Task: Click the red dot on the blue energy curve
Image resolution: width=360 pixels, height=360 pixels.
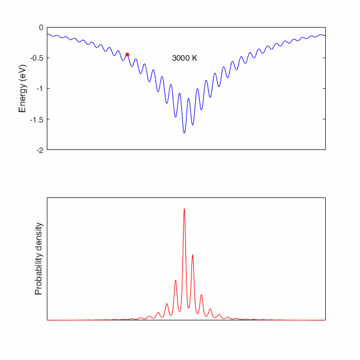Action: [x=127, y=55]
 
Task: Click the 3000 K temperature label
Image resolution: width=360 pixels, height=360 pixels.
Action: [x=185, y=58]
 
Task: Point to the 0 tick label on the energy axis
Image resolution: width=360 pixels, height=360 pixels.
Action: [x=41, y=28]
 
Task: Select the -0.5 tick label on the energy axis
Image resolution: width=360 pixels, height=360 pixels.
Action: [x=37, y=58]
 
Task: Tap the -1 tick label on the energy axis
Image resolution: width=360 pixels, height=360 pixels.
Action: [x=40, y=89]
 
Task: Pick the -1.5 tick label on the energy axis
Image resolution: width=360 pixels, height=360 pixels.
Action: [x=37, y=119]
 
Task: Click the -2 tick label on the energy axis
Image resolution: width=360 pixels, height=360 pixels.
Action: [x=40, y=150]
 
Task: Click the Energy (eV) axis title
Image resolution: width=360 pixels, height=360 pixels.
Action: [x=23, y=89]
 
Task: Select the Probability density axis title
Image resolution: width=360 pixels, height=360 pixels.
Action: [x=38, y=259]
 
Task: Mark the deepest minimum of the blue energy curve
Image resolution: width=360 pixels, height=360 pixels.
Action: [x=184, y=133]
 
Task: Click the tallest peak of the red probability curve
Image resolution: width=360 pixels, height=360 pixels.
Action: [x=184, y=209]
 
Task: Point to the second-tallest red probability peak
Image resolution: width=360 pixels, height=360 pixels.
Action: [x=193, y=255]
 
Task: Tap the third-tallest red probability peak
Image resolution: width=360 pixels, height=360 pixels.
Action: [x=176, y=281]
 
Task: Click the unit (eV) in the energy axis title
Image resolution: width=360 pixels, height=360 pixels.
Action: [x=23, y=73]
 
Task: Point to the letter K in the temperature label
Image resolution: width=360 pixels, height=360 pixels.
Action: [x=194, y=58]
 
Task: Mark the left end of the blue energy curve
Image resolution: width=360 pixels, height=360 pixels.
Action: [x=47, y=34]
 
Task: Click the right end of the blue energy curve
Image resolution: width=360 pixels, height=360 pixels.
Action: [x=325, y=35]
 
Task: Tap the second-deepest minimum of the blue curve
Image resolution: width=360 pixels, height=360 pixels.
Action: [x=193, y=125]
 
